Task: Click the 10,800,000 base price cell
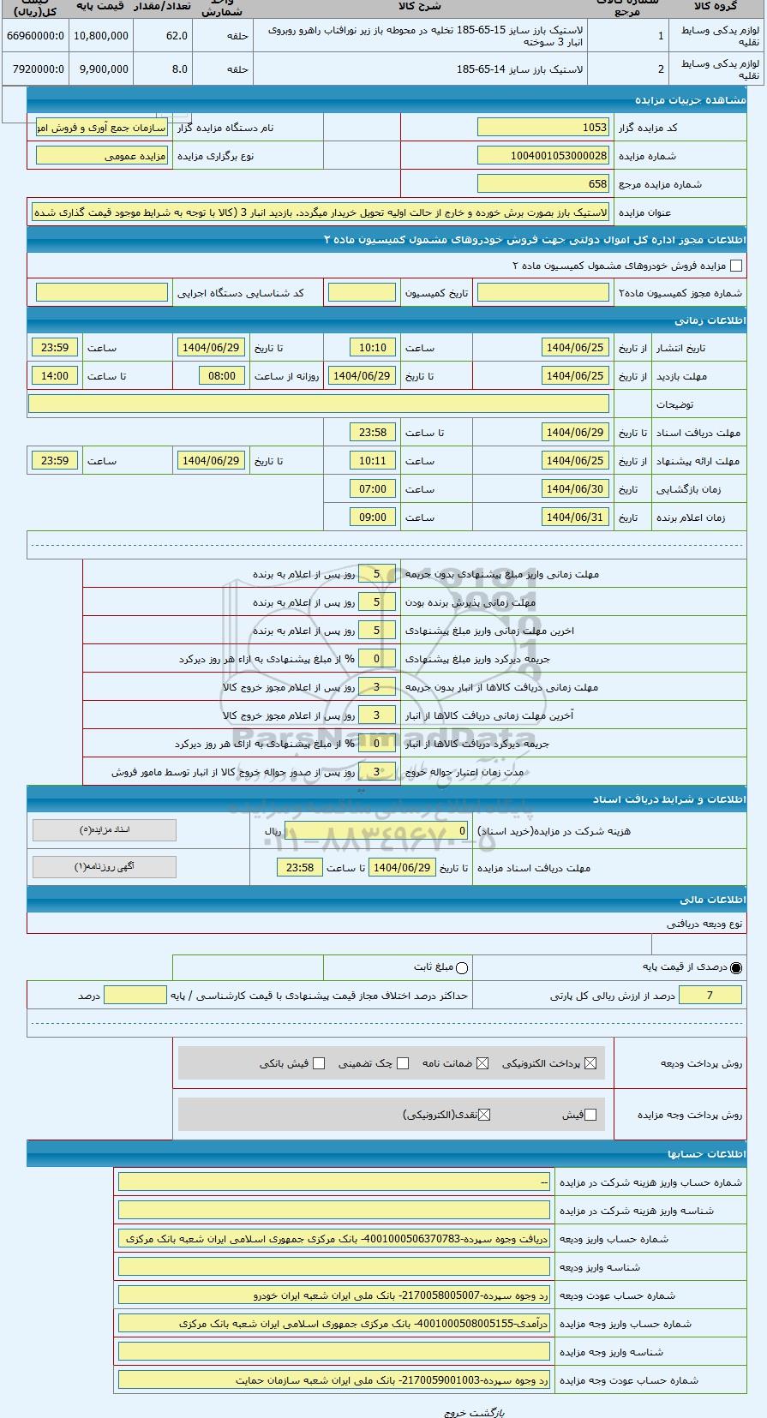(101, 36)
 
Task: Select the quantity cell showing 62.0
(162, 36)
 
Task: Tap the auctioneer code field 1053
(542, 128)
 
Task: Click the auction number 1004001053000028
(542, 156)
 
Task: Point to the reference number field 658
(542, 184)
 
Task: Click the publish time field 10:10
(373, 348)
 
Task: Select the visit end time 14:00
(55, 376)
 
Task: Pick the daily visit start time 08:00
(222, 376)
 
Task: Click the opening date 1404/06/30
(575, 489)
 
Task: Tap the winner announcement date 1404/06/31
(575, 518)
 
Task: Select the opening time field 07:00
(373, 489)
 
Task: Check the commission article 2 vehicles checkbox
(735, 266)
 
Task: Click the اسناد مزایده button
(105, 830)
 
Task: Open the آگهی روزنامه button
(105, 867)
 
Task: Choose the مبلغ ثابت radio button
(463, 968)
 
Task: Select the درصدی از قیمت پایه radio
(736, 968)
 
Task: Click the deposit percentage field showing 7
(710, 995)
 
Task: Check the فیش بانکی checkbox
(319, 1063)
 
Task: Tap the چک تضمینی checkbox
(403, 1063)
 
